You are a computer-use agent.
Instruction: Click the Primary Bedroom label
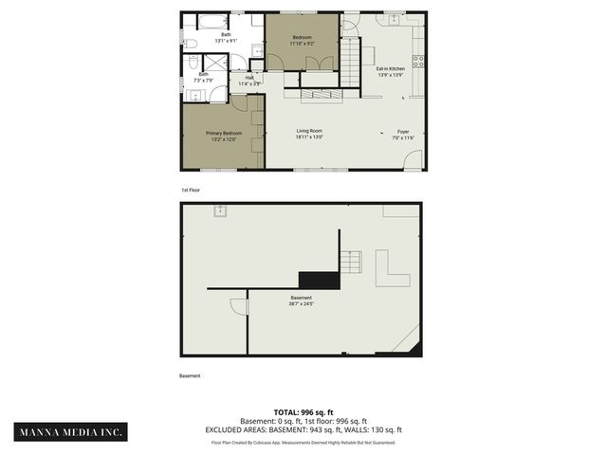[224, 136]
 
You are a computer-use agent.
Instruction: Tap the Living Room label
[309, 134]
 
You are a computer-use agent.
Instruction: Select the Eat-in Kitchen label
[391, 72]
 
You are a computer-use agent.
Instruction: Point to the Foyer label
[404, 135]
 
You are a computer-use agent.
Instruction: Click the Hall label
[249, 81]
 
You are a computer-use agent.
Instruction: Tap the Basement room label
[301, 300]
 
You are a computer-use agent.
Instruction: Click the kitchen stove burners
[418, 65]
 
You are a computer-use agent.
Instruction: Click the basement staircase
[352, 261]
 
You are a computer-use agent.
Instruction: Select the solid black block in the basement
[318, 279]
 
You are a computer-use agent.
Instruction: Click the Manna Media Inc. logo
[72, 431]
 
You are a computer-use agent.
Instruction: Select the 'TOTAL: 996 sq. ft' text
[303, 412]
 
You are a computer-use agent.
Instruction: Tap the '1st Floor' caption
[191, 190]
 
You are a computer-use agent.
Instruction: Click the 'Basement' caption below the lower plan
[191, 375]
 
